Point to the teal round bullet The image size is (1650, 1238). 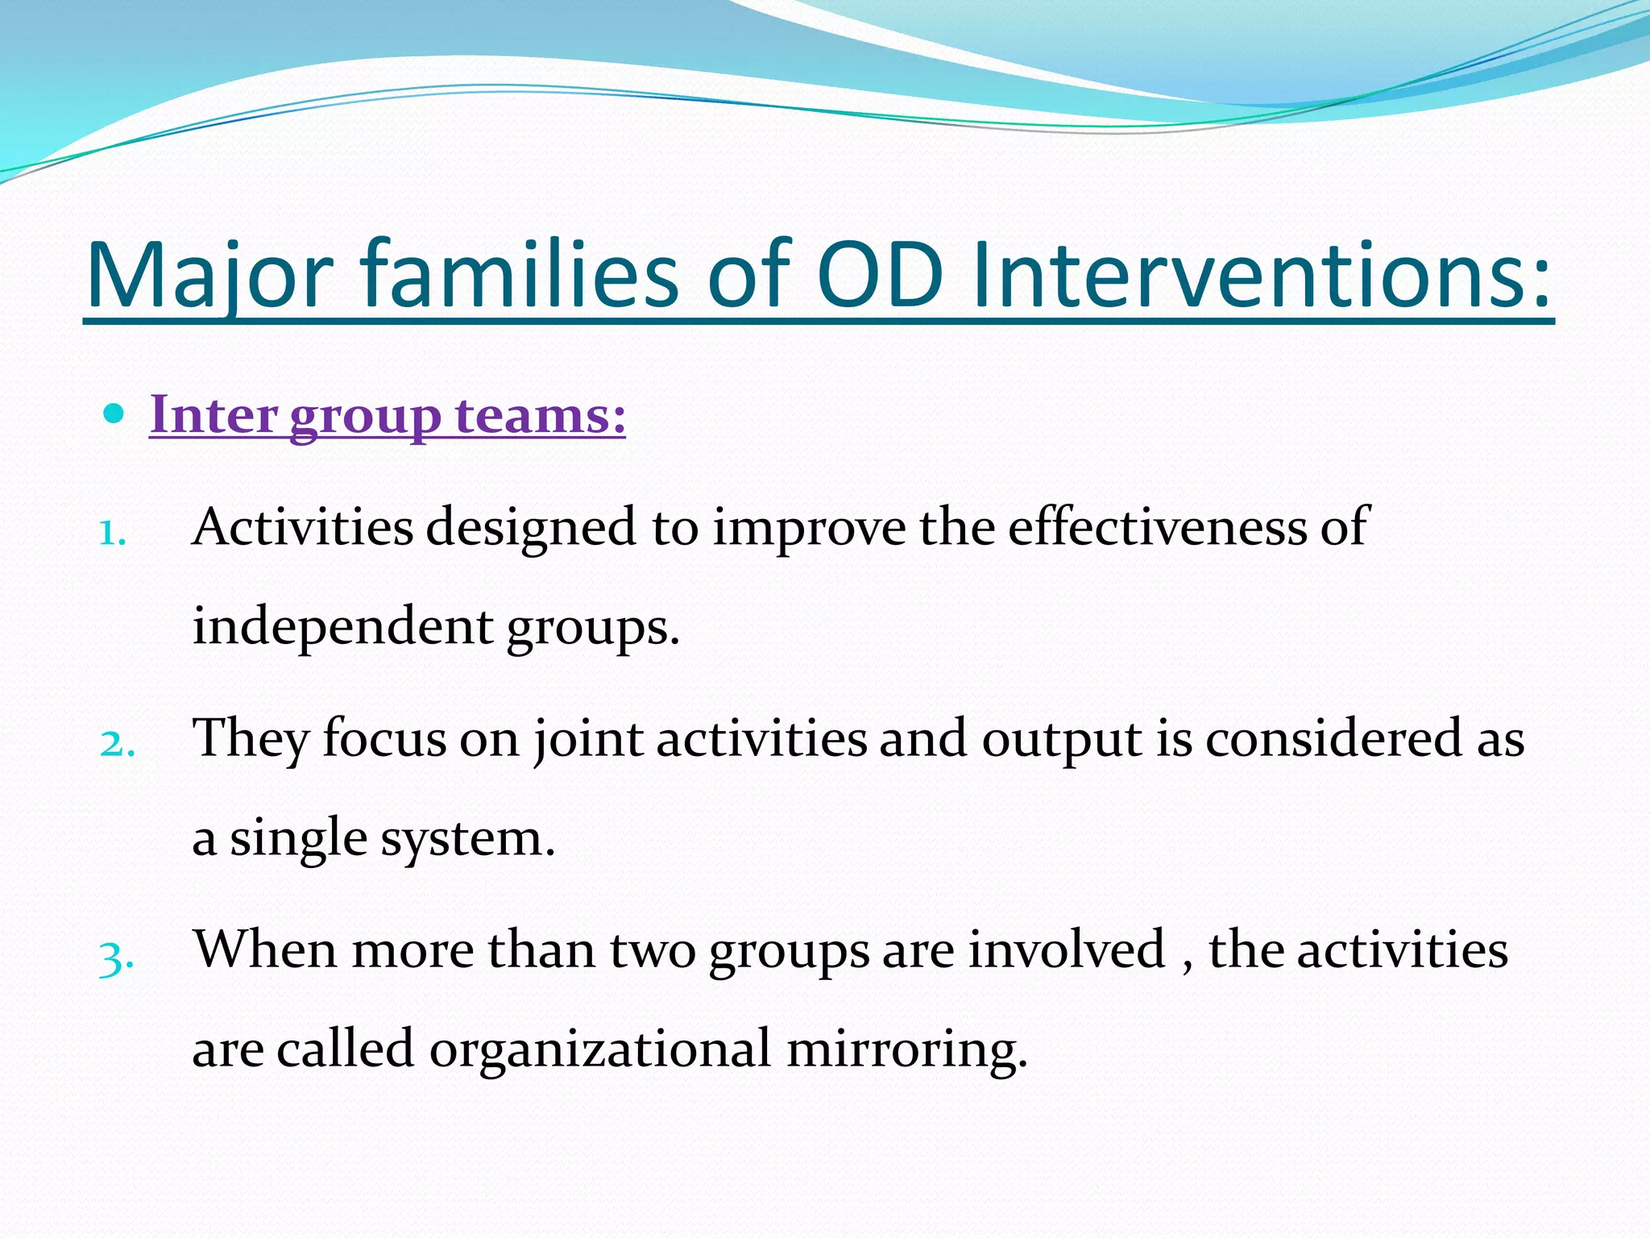(114, 414)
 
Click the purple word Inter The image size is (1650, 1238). (214, 416)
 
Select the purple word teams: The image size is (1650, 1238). (541, 416)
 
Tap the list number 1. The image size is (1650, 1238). (112, 534)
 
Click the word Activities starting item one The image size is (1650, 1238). (302, 527)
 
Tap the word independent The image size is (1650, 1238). (342, 627)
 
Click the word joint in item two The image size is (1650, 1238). (588, 738)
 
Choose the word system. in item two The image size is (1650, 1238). (468, 838)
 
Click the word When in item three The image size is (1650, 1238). (264, 949)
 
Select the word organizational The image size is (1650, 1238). (599, 1049)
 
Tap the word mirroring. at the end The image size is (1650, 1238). (907, 1049)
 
